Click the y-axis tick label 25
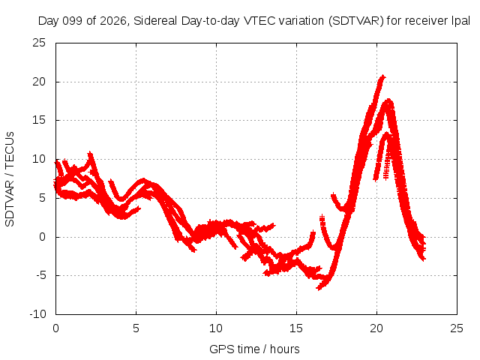pos(39,43)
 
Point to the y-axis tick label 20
pos(39,82)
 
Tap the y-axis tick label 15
pos(39,120)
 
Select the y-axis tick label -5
pos(41,275)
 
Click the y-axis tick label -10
pos(37,314)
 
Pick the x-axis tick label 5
pos(136,328)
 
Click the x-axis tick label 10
pos(216,328)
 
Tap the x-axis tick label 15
pos(296,328)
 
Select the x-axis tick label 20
pos(376,328)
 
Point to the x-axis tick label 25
pos(457,328)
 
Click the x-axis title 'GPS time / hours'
pos(254,349)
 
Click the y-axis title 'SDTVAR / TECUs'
pos(10,179)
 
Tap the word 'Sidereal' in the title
pos(155,21)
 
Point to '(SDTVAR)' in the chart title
pos(356,21)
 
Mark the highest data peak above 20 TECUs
pos(382,76)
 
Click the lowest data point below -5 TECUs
pos(319,288)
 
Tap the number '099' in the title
pos(73,21)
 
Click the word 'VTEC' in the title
pos(258,21)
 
